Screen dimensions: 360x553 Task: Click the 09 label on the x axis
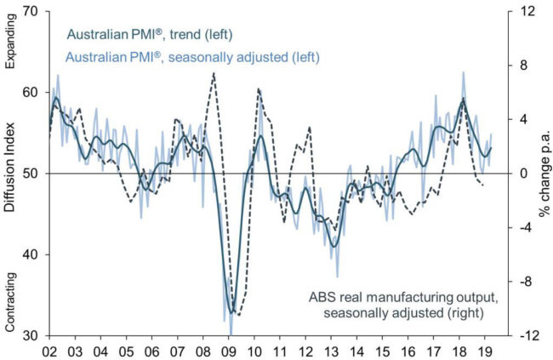pos(228,350)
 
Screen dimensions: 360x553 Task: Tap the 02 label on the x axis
pos(50,350)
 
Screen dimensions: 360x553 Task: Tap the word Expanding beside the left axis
pos(12,43)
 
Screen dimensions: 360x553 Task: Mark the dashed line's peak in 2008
pos(213,73)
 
